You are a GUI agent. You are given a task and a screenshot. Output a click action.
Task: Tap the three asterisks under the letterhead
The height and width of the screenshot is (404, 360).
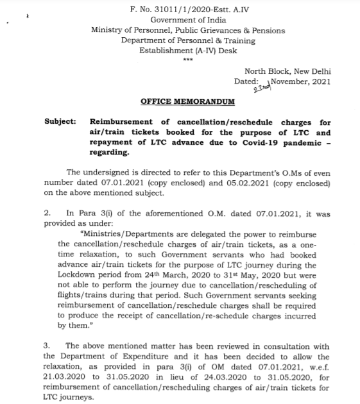pyautogui.click(x=187, y=59)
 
